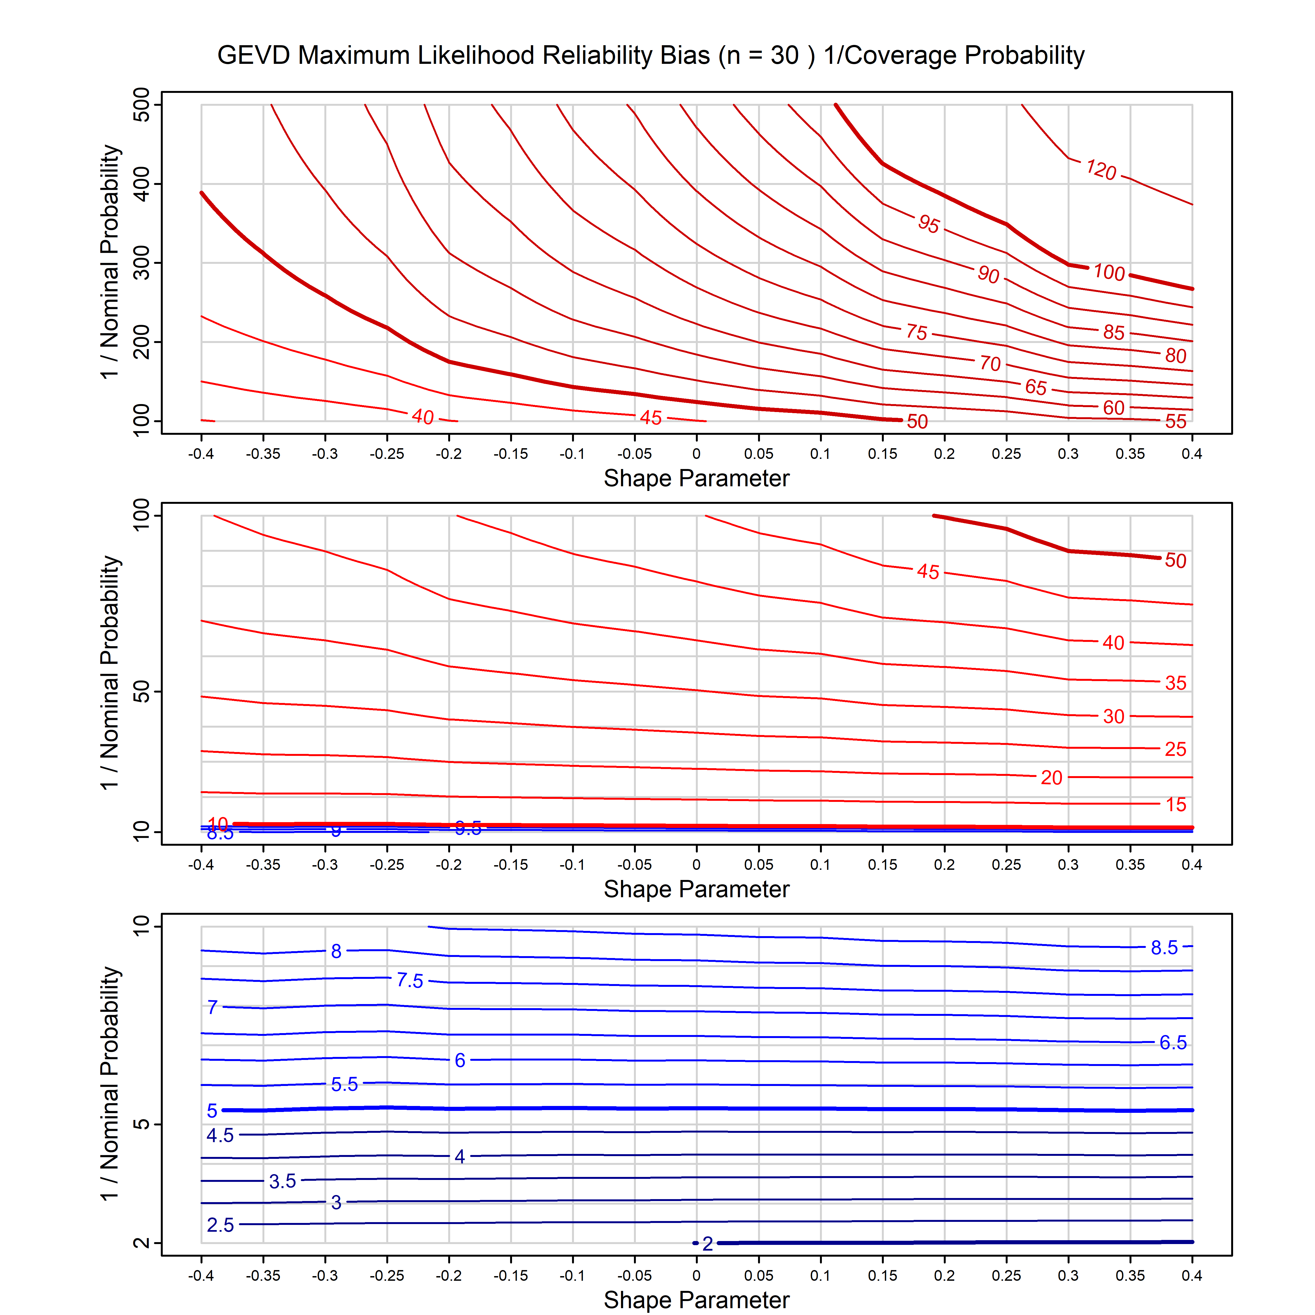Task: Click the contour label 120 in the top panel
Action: pos(1100,170)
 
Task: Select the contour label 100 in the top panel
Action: pos(1109,272)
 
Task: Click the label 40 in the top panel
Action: pos(423,416)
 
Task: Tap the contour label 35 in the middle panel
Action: pos(1176,683)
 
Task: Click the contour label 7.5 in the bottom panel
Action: pos(410,981)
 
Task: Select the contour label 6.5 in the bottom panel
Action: pos(1173,1043)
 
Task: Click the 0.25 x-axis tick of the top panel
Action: pos(1006,454)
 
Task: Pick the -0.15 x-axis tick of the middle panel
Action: pos(510,865)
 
